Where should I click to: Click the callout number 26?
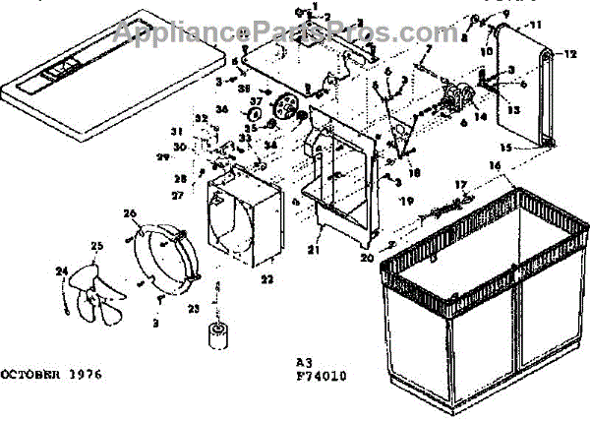pyautogui.click(x=130, y=213)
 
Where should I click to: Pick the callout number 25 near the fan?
pyautogui.click(x=96, y=246)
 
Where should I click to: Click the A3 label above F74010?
pyautogui.click(x=304, y=361)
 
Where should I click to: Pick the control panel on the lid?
pyautogui.click(x=62, y=71)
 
